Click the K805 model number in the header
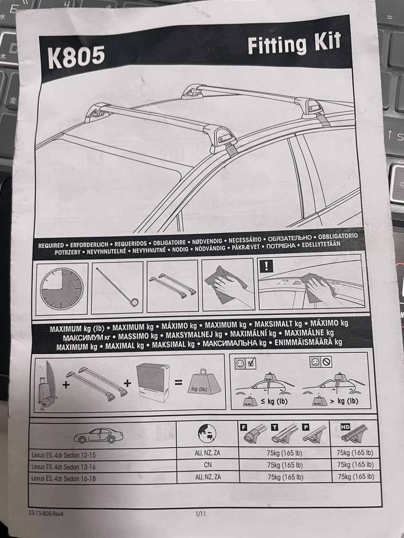(x=76, y=58)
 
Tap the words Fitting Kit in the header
(x=293, y=45)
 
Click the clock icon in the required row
(x=62, y=289)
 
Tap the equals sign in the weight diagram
(x=179, y=382)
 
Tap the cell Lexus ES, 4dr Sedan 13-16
(x=63, y=467)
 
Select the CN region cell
(x=208, y=465)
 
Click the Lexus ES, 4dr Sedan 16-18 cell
(x=63, y=478)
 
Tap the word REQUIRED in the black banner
(x=52, y=245)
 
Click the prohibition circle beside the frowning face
(x=327, y=361)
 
